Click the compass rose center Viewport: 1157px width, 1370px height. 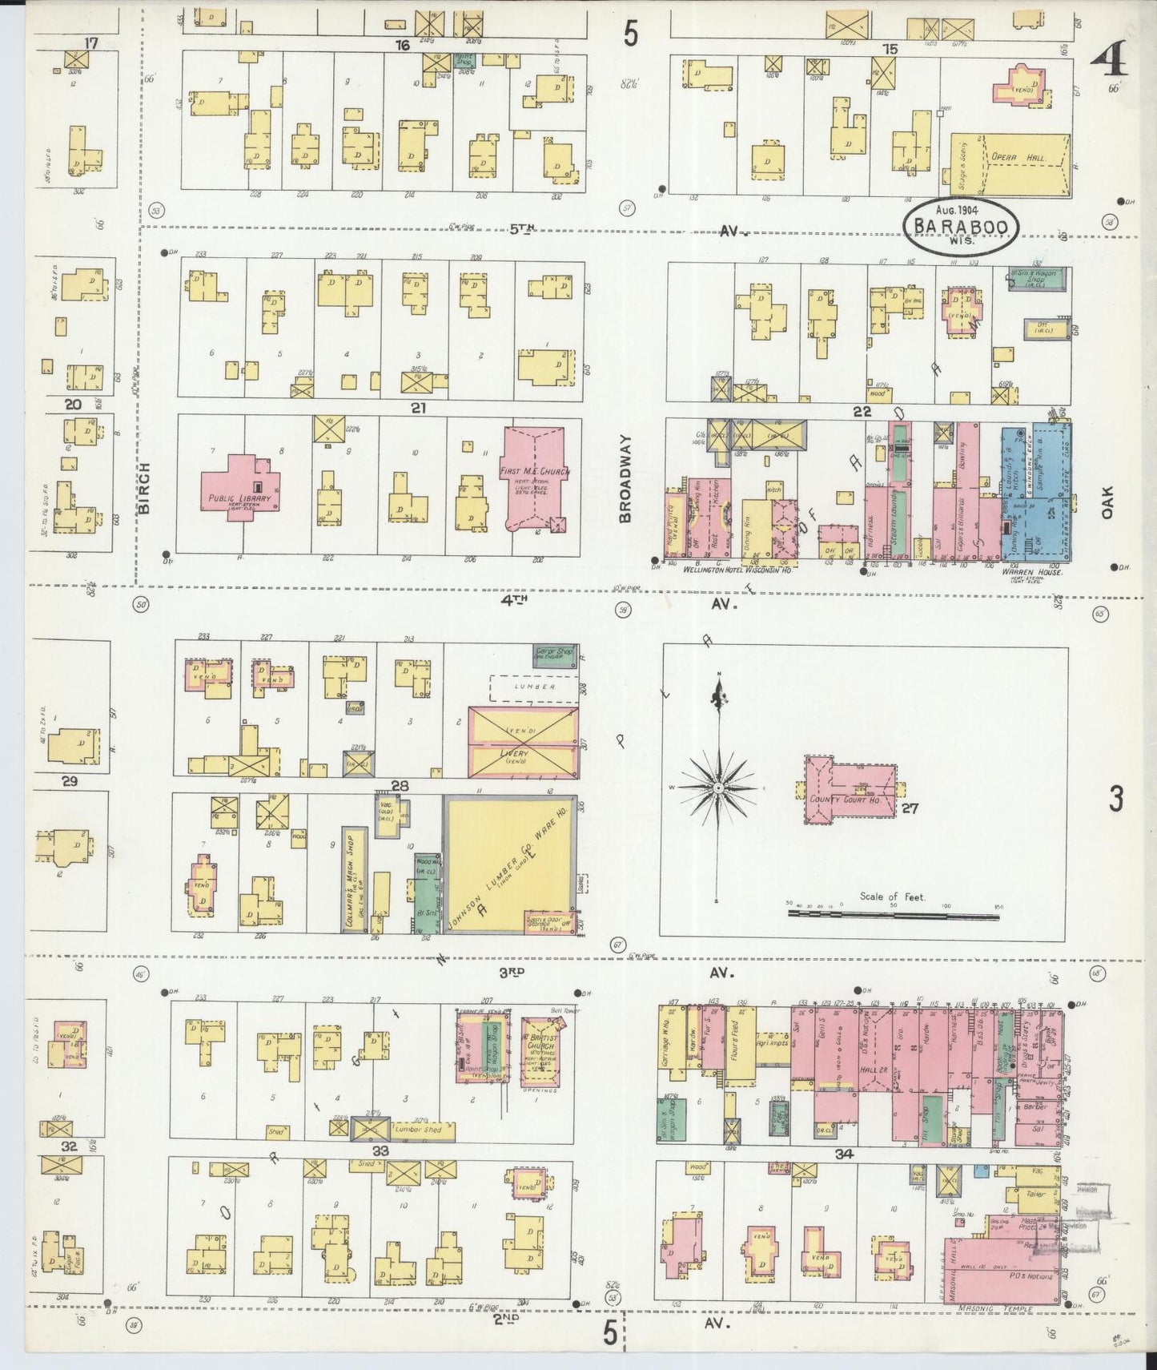click(719, 788)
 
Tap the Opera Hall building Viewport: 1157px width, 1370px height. click(1010, 163)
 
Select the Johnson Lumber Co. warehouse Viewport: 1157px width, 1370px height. click(510, 864)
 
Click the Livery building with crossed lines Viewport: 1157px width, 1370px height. click(523, 741)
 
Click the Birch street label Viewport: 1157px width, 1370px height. click(145, 490)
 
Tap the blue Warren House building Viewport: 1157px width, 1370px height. click(1037, 493)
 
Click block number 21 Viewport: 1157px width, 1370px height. click(417, 409)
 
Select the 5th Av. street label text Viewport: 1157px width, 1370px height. click(522, 229)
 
